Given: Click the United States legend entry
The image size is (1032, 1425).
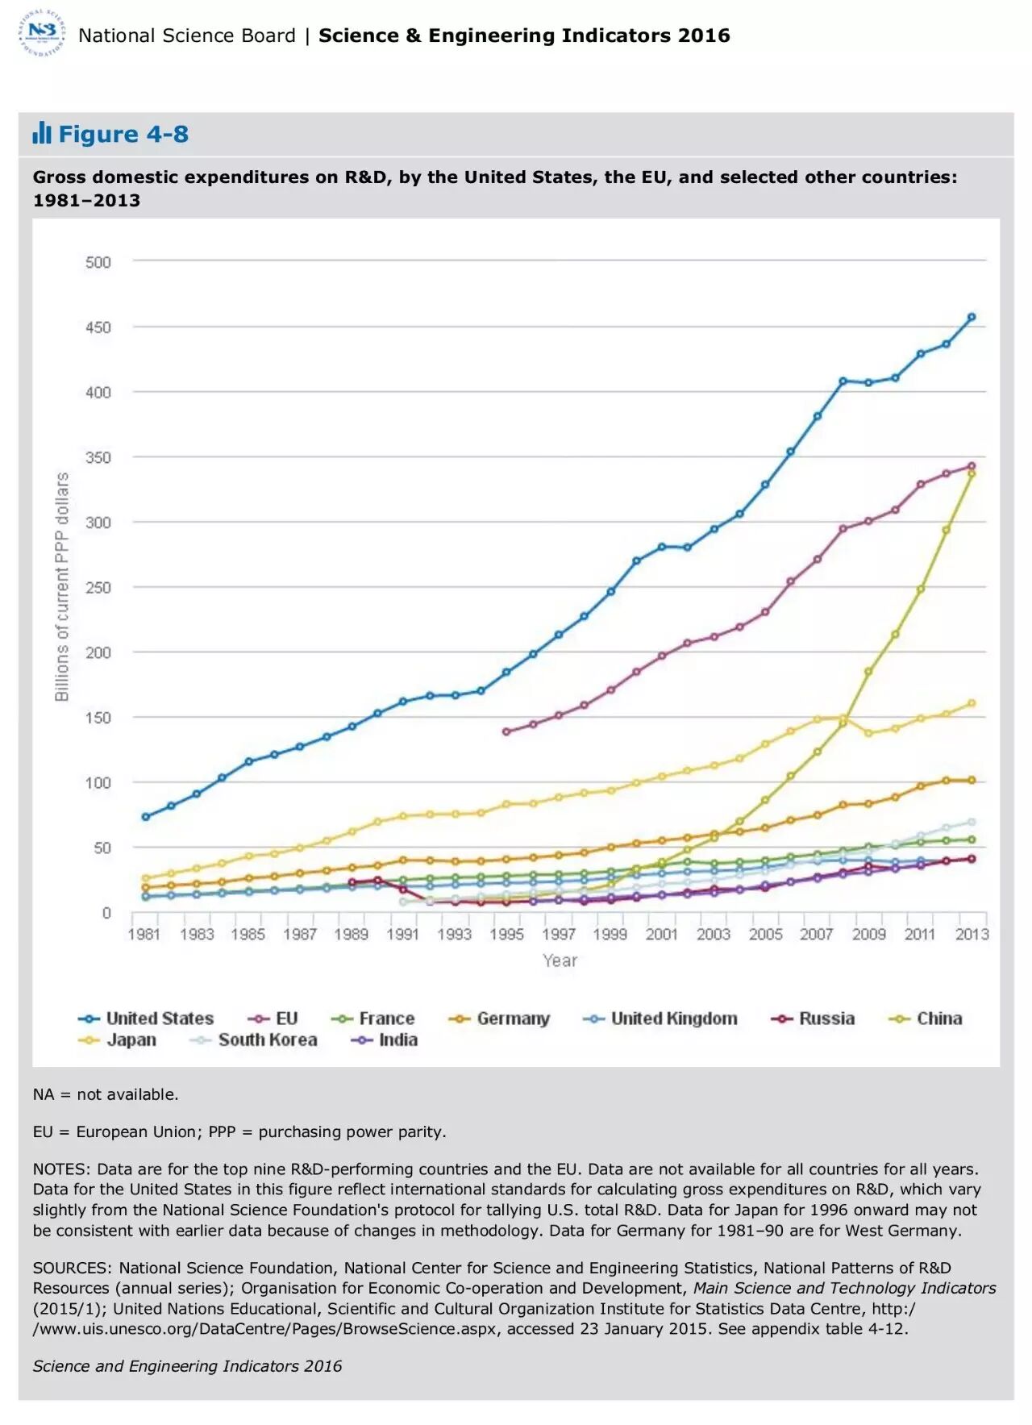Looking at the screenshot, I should (146, 1019).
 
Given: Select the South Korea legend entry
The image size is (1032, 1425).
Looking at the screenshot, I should (254, 1040).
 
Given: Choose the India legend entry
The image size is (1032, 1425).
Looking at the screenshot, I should (385, 1040).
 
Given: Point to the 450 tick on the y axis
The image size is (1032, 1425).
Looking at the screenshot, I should (98, 327).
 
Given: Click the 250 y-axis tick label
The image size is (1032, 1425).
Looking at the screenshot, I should (98, 588).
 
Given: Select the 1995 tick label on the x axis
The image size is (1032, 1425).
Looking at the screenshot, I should (506, 934).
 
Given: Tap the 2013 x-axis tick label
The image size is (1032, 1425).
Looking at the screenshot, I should (972, 934).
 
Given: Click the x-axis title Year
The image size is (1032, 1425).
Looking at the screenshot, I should (560, 960).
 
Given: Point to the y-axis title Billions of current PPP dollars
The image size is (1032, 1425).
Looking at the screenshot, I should (62, 587).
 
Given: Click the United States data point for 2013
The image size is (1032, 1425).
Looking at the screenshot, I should (972, 317).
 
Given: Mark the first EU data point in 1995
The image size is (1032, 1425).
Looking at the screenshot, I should (506, 731).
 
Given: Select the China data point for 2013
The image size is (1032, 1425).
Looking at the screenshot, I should (972, 473).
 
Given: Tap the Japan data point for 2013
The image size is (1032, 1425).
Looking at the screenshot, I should (972, 703).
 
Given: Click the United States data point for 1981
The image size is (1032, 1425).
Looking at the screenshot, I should (145, 817).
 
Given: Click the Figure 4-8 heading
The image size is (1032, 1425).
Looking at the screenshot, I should (123, 134).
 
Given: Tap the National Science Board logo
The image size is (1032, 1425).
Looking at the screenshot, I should (42, 34).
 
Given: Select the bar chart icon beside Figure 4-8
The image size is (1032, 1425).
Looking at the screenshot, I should (42, 133).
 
